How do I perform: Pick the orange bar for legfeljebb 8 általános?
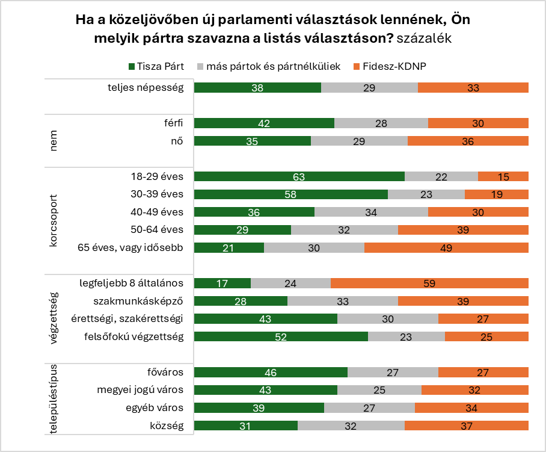tap(429, 283)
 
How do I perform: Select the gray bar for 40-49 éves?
tap(371, 212)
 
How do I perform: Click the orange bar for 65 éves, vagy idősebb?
tap(446, 247)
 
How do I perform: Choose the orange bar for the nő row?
tap(468, 141)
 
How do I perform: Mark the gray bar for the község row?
tap(351, 426)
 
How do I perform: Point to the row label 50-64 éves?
tap(156, 230)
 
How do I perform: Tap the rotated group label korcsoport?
tap(55, 212)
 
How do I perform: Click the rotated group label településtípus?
tap(54, 398)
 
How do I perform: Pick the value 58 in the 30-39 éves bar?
tap(291, 194)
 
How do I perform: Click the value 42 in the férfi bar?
tap(264, 123)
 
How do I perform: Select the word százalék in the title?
tap(425, 37)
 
